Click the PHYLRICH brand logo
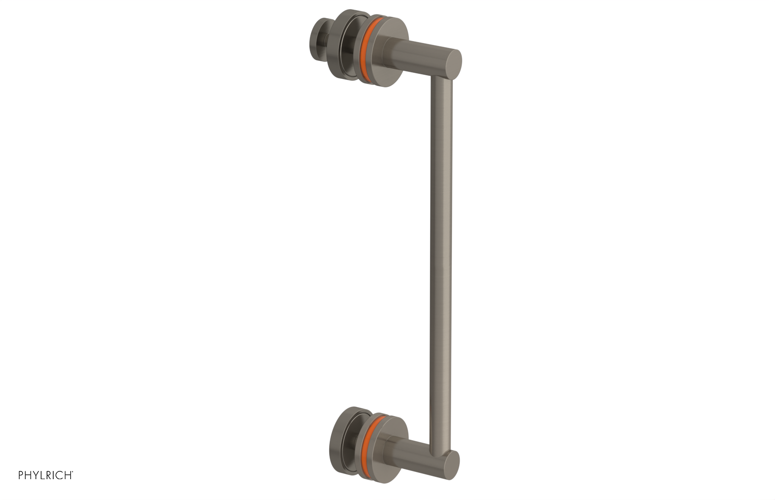46,475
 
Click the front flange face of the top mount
392,39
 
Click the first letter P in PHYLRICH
21,476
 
